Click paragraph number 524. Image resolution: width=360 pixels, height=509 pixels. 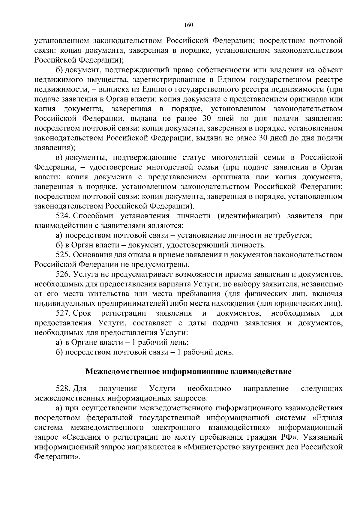pos(63,216)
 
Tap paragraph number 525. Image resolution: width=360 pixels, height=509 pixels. pos(63,255)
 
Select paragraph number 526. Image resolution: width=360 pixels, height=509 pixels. pos(63,274)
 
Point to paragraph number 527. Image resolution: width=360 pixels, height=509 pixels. pos(63,313)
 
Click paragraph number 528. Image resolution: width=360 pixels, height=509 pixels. pos(63,389)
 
